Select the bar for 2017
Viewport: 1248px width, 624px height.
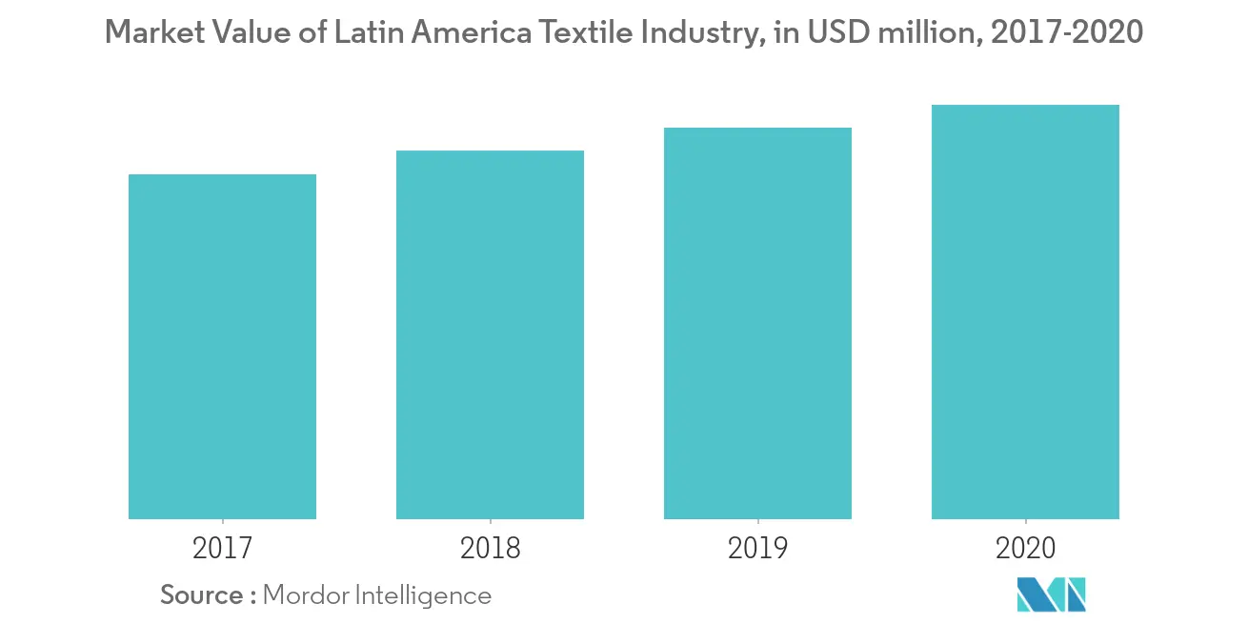222,347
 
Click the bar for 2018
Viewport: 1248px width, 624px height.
490,334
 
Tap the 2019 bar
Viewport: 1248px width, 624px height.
757,323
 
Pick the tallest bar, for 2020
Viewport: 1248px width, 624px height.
1025,312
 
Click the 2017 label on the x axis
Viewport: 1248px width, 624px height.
222,549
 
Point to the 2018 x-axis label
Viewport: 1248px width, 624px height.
490,549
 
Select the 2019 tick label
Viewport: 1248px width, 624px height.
757,549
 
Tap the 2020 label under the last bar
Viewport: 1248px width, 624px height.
1025,549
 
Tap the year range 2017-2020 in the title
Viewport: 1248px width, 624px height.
1067,33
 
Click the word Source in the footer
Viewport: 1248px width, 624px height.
202,595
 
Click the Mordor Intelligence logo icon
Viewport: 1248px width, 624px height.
1052,594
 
